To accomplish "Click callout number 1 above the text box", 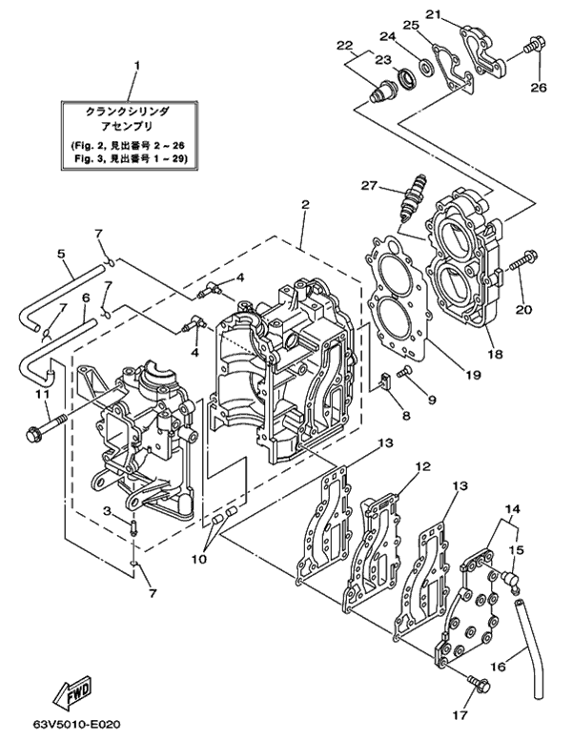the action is pyautogui.click(x=136, y=67).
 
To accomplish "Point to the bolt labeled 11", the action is pyautogui.click(x=47, y=425).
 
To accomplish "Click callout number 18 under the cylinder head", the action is pyautogui.click(x=497, y=354).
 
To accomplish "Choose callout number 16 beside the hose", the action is pyautogui.click(x=499, y=667).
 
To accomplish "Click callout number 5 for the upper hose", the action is pyautogui.click(x=61, y=254).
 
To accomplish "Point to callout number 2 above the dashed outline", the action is pyautogui.click(x=305, y=204).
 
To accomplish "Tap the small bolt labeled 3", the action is pyautogui.click(x=133, y=526).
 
